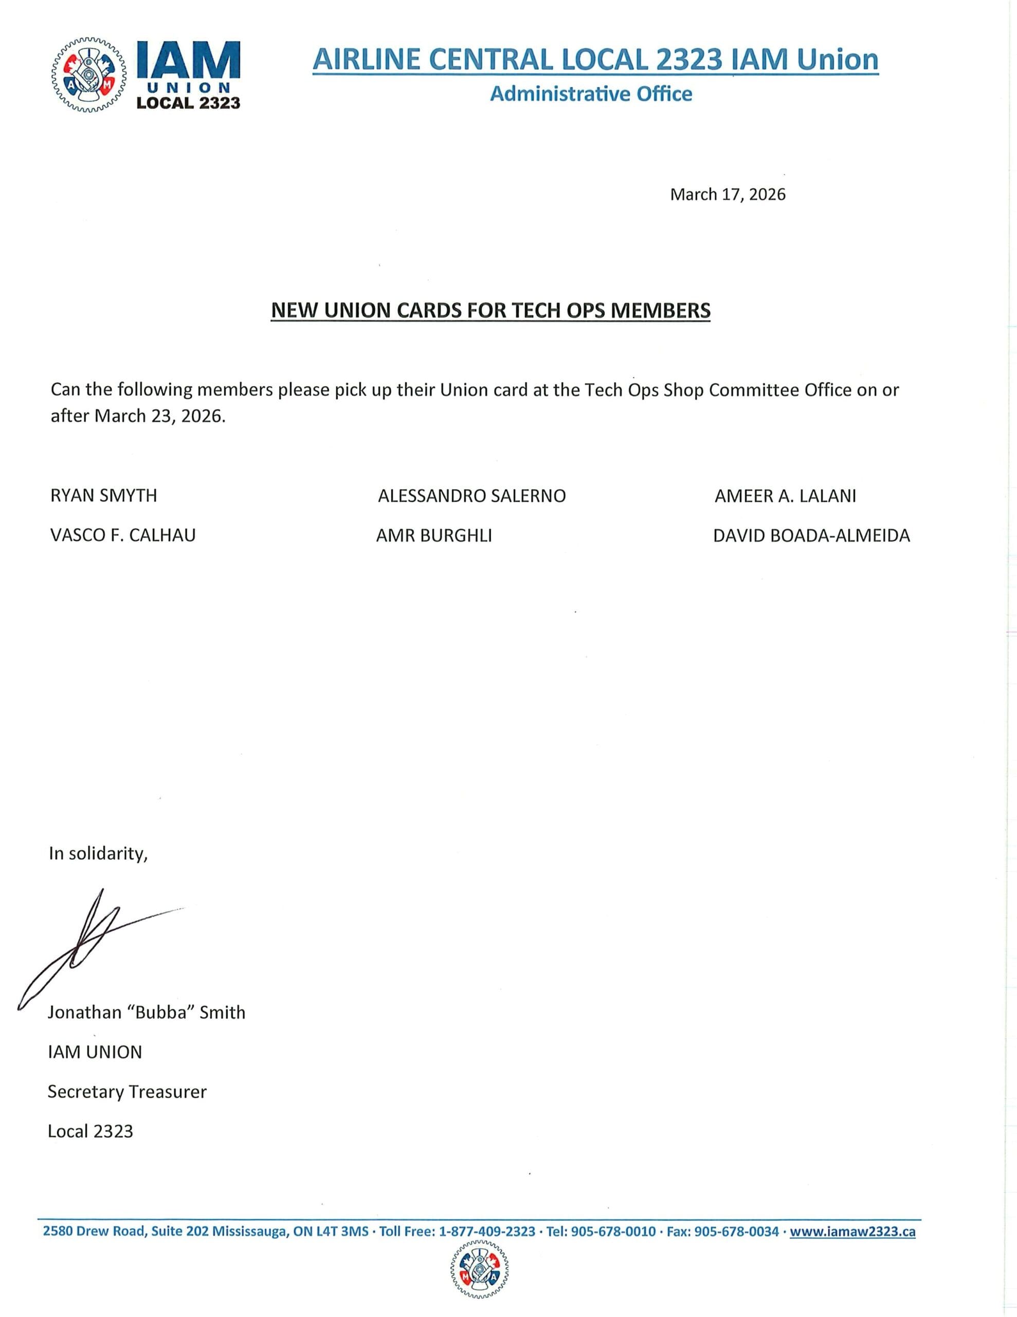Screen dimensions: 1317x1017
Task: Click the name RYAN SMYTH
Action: (x=104, y=496)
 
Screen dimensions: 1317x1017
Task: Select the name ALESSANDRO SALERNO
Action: (x=471, y=496)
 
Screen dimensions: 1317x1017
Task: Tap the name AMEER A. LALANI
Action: (x=785, y=496)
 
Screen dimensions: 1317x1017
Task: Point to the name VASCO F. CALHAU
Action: (x=123, y=536)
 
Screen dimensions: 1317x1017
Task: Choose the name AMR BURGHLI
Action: (x=434, y=536)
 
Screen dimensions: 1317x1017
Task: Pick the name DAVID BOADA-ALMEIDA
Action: (x=811, y=536)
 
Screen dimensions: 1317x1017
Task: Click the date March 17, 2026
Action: (x=728, y=194)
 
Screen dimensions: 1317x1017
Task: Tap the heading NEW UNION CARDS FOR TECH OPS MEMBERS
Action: (x=490, y=310)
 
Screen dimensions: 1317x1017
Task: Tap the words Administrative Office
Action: (x=591, y=94)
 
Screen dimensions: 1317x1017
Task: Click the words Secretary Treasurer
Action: (x=126, y=1092)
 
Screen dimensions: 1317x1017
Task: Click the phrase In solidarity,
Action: (x=98, y=854)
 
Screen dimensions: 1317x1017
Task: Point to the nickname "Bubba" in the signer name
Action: (x=160, y=1012)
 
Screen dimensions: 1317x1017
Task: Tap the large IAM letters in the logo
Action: (x=188, y=59)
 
